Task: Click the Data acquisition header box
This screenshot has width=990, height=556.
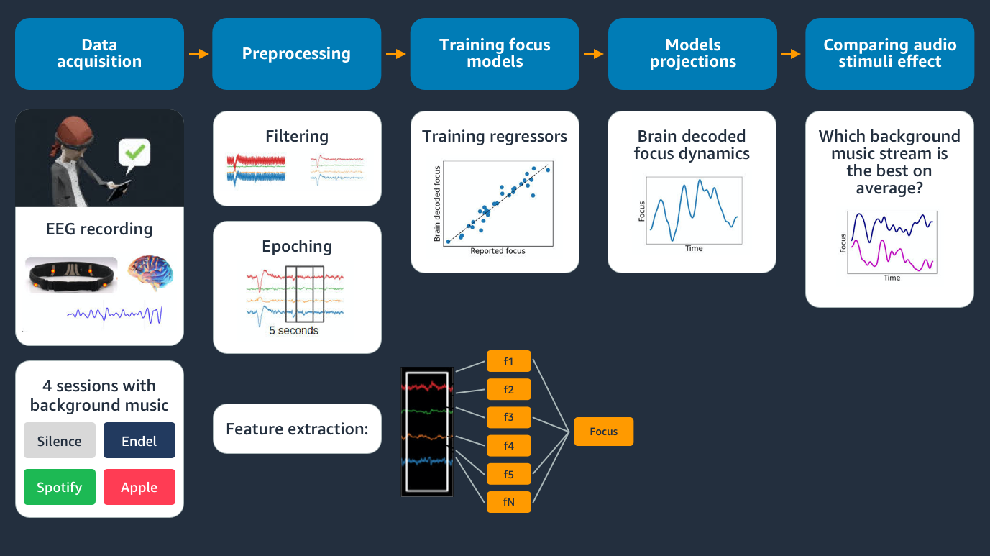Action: click(x=99, y=54)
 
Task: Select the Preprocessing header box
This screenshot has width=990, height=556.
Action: click(x=296, y=54)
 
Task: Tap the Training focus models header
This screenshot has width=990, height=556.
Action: click(x=495, y=54)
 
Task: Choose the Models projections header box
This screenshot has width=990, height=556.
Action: click(x=692, y=54)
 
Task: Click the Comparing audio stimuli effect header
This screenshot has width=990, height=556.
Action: click(x=889, y=54)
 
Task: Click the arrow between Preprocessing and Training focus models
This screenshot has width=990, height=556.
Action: click(x=395, y=54)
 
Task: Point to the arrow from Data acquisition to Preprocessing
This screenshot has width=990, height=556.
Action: click(x=198, y=54)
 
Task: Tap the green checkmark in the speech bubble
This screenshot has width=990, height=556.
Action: click(x=135, y=153)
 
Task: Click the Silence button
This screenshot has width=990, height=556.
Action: click(x=60, y=441)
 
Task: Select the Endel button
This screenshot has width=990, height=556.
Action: click(x=139, y=441)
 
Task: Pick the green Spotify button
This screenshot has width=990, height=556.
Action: click(x=60, y=487)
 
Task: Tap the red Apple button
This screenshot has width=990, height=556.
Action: click(x=139, y=487)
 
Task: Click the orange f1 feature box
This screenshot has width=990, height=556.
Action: click(x=509, y=361)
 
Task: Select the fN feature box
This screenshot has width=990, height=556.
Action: click(x=509, y=502)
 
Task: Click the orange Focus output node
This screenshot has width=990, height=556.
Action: click(x=604, y=432)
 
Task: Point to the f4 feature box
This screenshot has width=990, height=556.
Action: click(x=509, y=446)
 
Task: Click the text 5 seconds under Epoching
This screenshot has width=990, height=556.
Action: click(x=293, y=331)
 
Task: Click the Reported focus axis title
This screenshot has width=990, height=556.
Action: click(x=498, y=251)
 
